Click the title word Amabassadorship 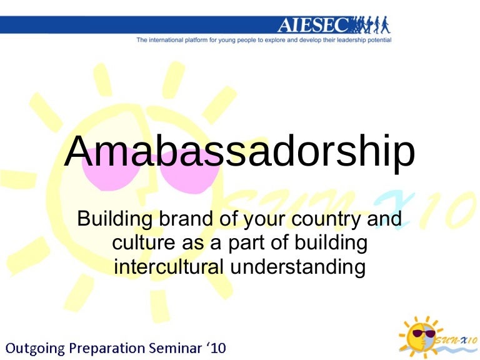pyautogui.click(x=239, y=152)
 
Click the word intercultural pyautogui.click(x=169, y=267)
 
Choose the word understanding pyautogui.click(x=297, y=267)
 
